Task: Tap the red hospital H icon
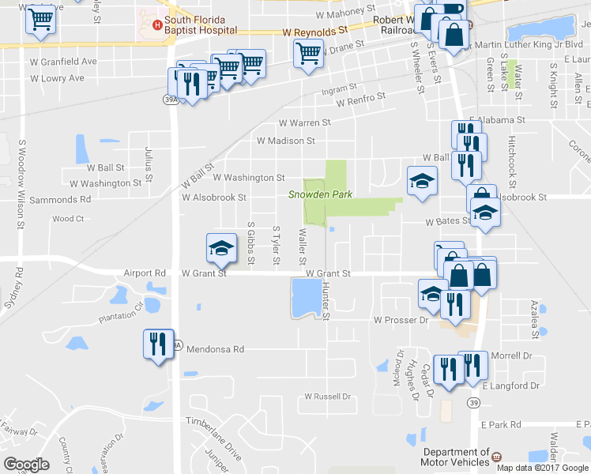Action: pos(158,24)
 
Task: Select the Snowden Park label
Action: pos(319,194)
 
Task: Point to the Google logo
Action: pos(26,465)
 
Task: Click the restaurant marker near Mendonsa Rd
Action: pos(156,344)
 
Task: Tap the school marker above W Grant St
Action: pos(221,249)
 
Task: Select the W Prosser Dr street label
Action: pos(400,320)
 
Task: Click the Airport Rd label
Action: pos(145,273)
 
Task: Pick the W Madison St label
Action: pos(286,141)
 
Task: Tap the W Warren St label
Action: pos(304,123)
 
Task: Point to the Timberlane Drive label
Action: pos(213,434)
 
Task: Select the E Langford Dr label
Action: pos(514,386)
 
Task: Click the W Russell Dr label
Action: pos(327,396)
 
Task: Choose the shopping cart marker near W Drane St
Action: pos(308,55)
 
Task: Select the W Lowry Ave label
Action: pos(57,78)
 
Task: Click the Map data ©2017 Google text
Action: pos(542,467)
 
